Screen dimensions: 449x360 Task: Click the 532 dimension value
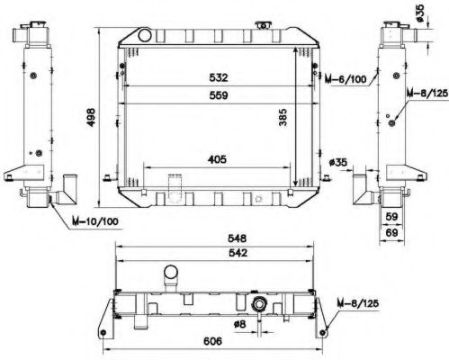(219, 77)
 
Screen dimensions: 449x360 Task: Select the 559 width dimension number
(219, 95)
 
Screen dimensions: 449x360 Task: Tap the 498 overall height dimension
(91, 117)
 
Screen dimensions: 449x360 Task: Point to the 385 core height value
(283, 117)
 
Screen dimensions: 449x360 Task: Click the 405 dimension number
(217, 159)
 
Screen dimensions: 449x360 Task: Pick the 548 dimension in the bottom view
(237, 238)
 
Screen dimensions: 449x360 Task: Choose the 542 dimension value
(238, 253)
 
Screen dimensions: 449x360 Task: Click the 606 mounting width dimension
(212, 341)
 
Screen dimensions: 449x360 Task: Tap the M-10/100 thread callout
(95, 221)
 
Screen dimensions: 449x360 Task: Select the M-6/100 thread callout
(346, 79)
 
